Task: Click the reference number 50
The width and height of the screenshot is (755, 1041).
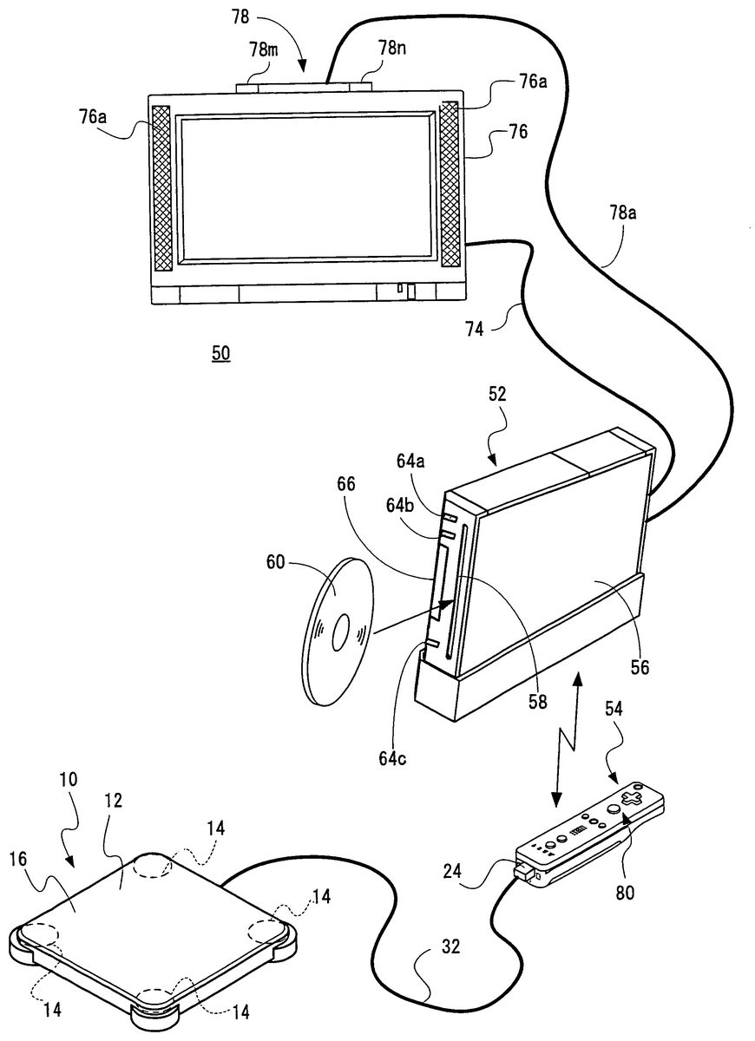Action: (x=220, y=354)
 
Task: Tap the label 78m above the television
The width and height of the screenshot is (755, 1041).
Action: (x=264, y=49)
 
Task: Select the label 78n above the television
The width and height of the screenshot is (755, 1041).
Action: (x=391, y=48)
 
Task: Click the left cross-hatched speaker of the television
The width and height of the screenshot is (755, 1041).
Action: (x=161, y=189)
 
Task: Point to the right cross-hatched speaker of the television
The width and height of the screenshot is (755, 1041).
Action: (x=450, y=184)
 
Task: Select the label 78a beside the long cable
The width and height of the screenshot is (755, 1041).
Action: (x=623, y=213)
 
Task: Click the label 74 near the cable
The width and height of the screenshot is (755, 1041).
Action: (x=474, y=329)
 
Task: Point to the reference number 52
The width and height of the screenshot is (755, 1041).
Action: (x=497, y=394)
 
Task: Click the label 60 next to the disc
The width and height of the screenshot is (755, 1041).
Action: (x=275, y=562)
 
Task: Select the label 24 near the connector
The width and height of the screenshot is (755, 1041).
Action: (x=452, y=871)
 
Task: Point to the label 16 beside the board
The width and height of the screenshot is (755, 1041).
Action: (x=18, y=860)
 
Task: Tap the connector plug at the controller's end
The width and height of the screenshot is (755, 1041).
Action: (x=523, y=869)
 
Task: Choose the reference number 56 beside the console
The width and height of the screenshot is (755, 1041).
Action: (x=640, y=668)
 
